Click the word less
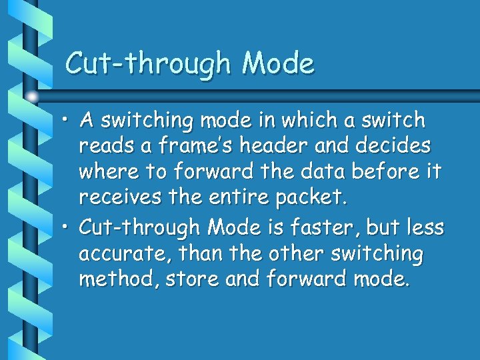coord(427,227)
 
